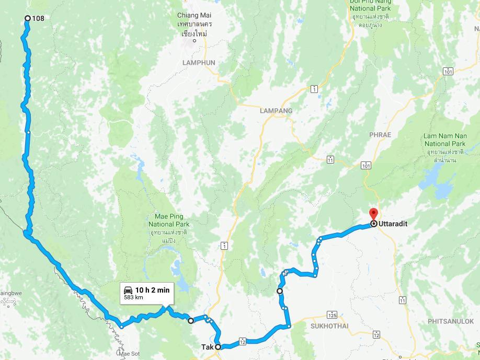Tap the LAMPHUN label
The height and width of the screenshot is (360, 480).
(x=199, y=63)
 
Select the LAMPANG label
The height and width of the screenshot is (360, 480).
(x=276, y=111)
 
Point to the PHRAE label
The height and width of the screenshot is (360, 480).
(x=380, y=135)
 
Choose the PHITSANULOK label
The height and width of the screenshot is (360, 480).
(x=450, y=321)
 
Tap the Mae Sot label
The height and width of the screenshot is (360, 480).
(x=130, y=354)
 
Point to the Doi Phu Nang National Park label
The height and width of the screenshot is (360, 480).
(x=374, y=5)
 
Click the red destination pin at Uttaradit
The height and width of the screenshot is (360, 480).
(x=373, y=214)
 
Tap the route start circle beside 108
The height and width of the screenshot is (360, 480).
(x=28, y=19)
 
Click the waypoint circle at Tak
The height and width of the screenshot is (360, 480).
(x=218, y=346)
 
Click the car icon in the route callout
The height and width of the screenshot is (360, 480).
(x=128, y=290)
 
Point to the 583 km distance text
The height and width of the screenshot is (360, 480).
(x=133, y=298)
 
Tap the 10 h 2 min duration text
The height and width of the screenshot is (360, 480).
(x=152, y=290)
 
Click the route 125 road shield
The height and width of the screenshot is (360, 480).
(x=332, y=315)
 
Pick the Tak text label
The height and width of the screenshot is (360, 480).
(x=207, y=346)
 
